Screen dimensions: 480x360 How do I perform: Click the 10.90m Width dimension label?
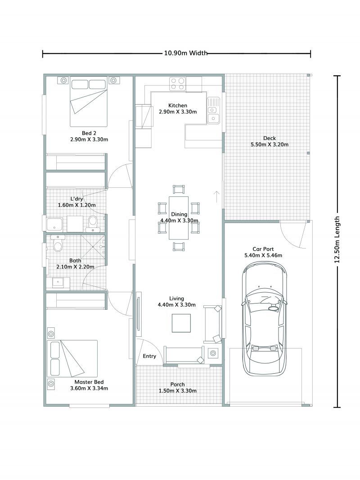(185, 53)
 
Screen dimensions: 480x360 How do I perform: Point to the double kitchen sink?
(213, 111)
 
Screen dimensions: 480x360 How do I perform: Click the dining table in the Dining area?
(179, 218)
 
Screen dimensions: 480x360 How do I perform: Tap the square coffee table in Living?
(181, 323)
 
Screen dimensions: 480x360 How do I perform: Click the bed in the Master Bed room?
(72, 358)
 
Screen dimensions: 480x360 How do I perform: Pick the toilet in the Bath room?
(58, 245)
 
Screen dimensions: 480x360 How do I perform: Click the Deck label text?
(270, 138)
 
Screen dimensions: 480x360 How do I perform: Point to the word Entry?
(149, 356)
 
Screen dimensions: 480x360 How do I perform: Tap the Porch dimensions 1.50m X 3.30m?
(177, 391)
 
